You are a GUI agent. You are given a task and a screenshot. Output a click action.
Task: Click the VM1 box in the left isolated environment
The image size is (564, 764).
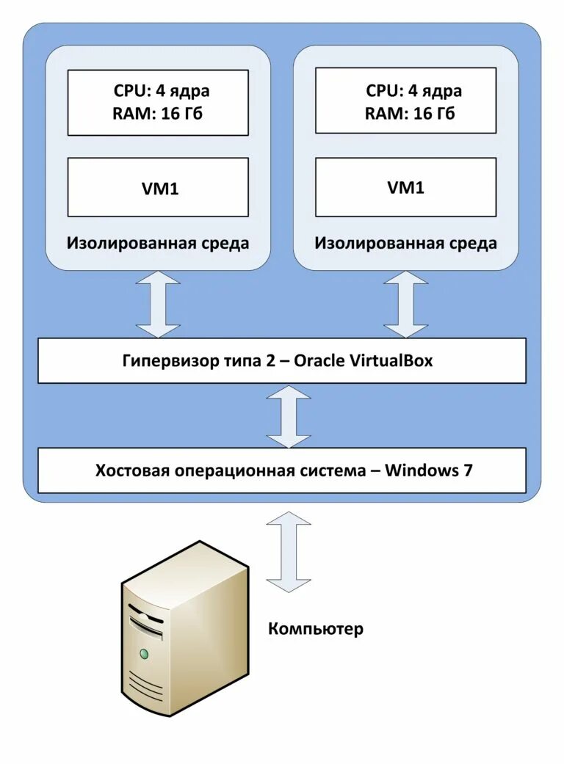pyautogui.click(x=158, y=188)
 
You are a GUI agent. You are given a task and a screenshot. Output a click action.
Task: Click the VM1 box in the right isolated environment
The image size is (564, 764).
pyautogui.click(x=405, y=187)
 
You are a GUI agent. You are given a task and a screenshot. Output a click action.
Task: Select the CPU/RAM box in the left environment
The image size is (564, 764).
pyautogui.click(x=158, y=102)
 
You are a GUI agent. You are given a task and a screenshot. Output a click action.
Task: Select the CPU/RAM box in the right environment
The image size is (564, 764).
pyautogui.click(x=405, y=102)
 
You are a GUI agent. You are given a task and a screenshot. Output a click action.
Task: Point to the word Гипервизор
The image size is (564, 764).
pyautogui.click(x=162, y=361)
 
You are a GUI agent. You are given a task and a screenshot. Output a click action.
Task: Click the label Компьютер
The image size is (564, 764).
pyautogui.click(x=315, y=629)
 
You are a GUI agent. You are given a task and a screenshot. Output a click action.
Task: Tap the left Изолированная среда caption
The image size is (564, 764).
pyautogui.click(x=158, y=243)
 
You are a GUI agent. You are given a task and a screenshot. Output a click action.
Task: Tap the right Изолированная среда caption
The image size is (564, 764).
pyautogui.click(x=405, y=243)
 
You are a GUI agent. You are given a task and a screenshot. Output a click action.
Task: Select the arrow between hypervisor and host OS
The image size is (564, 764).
pyautogui.click(x=289, y=416)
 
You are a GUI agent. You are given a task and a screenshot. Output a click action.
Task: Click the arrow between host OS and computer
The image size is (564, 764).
pyautogui.click(x=289, y=552)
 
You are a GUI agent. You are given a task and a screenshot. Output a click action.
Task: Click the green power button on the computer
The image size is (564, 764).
pyautogui.click(x=145, y=653)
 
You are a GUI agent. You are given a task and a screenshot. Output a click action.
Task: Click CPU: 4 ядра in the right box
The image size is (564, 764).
pyautogui.click(x=413, y=91)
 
